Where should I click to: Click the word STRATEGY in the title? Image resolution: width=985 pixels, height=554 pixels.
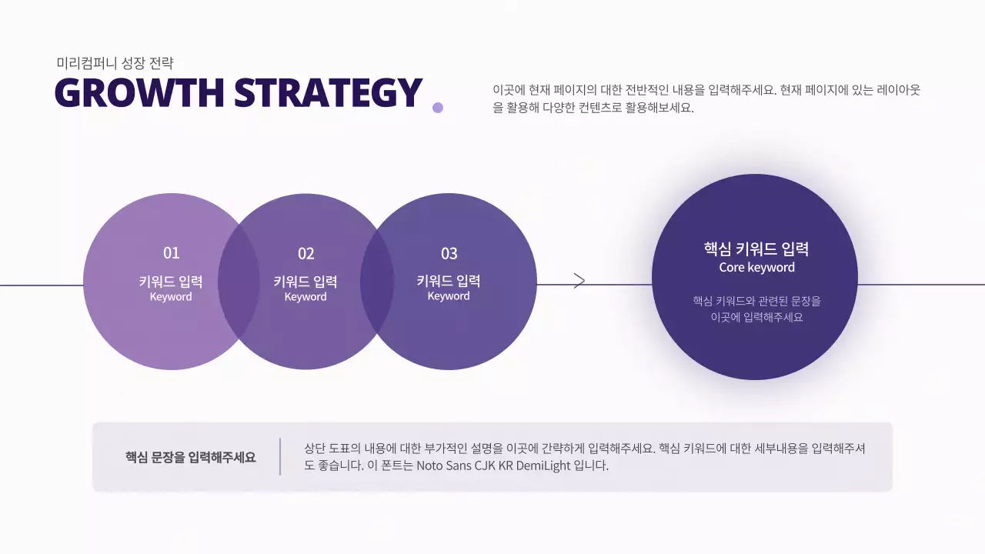point(329,93)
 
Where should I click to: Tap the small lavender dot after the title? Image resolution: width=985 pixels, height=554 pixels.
point(438,108)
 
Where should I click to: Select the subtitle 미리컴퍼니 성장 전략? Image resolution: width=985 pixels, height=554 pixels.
point(115,63)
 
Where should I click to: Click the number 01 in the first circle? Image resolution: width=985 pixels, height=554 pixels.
point(171,253)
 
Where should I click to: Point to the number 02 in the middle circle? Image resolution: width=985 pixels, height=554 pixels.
point(306,254)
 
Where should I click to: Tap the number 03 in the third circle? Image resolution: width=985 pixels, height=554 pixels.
point(449,254)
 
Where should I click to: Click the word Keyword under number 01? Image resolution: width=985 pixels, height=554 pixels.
point(171,297)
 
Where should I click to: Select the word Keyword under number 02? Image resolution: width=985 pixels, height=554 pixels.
point(306,297)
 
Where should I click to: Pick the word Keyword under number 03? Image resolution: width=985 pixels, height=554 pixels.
point(449,296)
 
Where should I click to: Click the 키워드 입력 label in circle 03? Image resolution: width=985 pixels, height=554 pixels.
point(449,281)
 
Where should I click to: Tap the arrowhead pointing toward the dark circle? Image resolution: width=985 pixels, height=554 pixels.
point(580,281)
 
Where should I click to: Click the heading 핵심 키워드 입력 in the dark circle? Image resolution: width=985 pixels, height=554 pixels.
point(756,249)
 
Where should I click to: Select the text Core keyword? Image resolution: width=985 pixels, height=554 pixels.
point(756,268)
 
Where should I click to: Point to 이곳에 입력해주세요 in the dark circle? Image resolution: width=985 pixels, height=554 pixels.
point(756,317)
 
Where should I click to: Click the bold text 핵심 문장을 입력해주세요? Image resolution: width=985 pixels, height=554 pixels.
point(191,458)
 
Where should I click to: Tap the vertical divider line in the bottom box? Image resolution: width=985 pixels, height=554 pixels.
point(280,456)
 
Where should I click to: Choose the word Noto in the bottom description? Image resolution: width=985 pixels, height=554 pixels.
point(431,466)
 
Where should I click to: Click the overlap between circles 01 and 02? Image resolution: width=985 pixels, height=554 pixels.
point(239,282)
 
